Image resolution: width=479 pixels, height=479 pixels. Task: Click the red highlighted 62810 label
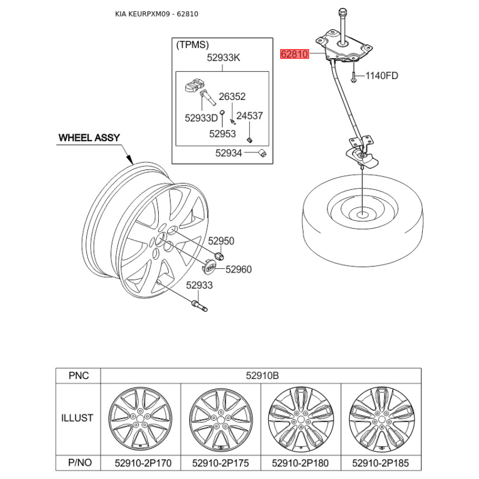pyautogui.click(x=295, y=54)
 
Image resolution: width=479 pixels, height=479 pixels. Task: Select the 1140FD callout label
pyautogui.click(x=381, y=75)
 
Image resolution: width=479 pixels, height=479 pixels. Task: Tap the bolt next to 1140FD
pyautogui.click(x=354, y=77)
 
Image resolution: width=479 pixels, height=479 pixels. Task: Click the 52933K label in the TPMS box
pyautogui.click(x=223, y=57)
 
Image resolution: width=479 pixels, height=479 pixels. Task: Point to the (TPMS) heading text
pyautogui.click(x=192, y=45)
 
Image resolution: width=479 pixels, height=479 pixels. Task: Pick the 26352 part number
pyautogui.click(x=232, y=96)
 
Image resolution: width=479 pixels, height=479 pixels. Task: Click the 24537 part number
pyautogui.click(x=250, y=116)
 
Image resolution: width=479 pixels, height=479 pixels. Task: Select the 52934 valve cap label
pyautogui.click(x=229, y=153)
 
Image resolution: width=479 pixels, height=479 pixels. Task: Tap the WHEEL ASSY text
pyautogui.click(x=89, y=138)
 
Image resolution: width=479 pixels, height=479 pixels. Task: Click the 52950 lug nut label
pyautogui.click(x=221, y=241)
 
